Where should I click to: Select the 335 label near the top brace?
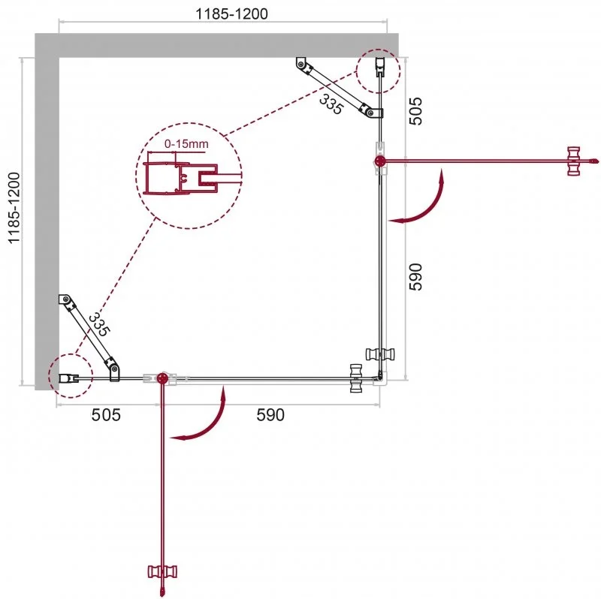click(331, 104)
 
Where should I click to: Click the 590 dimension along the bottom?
click(270, 415)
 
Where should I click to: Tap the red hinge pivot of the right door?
click(379, 161)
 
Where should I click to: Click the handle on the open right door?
click(575, 161)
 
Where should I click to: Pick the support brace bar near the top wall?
click(337, 88)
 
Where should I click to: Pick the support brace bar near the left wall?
click(89, 335)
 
